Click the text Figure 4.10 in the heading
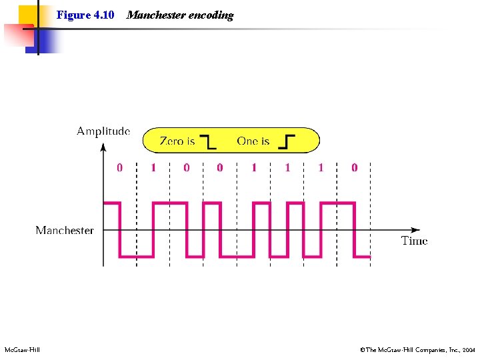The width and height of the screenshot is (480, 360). tap(85, 15)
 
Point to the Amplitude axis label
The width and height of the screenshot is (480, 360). tap(103, 131)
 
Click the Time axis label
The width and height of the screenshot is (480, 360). tap(414, 241)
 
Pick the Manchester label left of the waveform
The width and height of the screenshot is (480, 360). tap(65, 230)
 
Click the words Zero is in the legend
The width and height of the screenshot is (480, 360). tap(177, 141)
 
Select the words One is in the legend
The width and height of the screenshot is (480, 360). tap(253, 141)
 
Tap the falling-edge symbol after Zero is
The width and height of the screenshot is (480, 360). tap(209, 141)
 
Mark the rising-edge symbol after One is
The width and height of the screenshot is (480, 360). tap(287, 141)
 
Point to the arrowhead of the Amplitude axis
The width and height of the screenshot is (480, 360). tap(103, 146)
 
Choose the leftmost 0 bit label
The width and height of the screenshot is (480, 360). tap(120, 167)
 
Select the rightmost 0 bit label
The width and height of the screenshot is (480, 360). tap(354, 167)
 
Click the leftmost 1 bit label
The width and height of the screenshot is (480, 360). tap(153, 167)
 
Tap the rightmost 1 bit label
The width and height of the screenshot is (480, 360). tap(321, 167)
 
